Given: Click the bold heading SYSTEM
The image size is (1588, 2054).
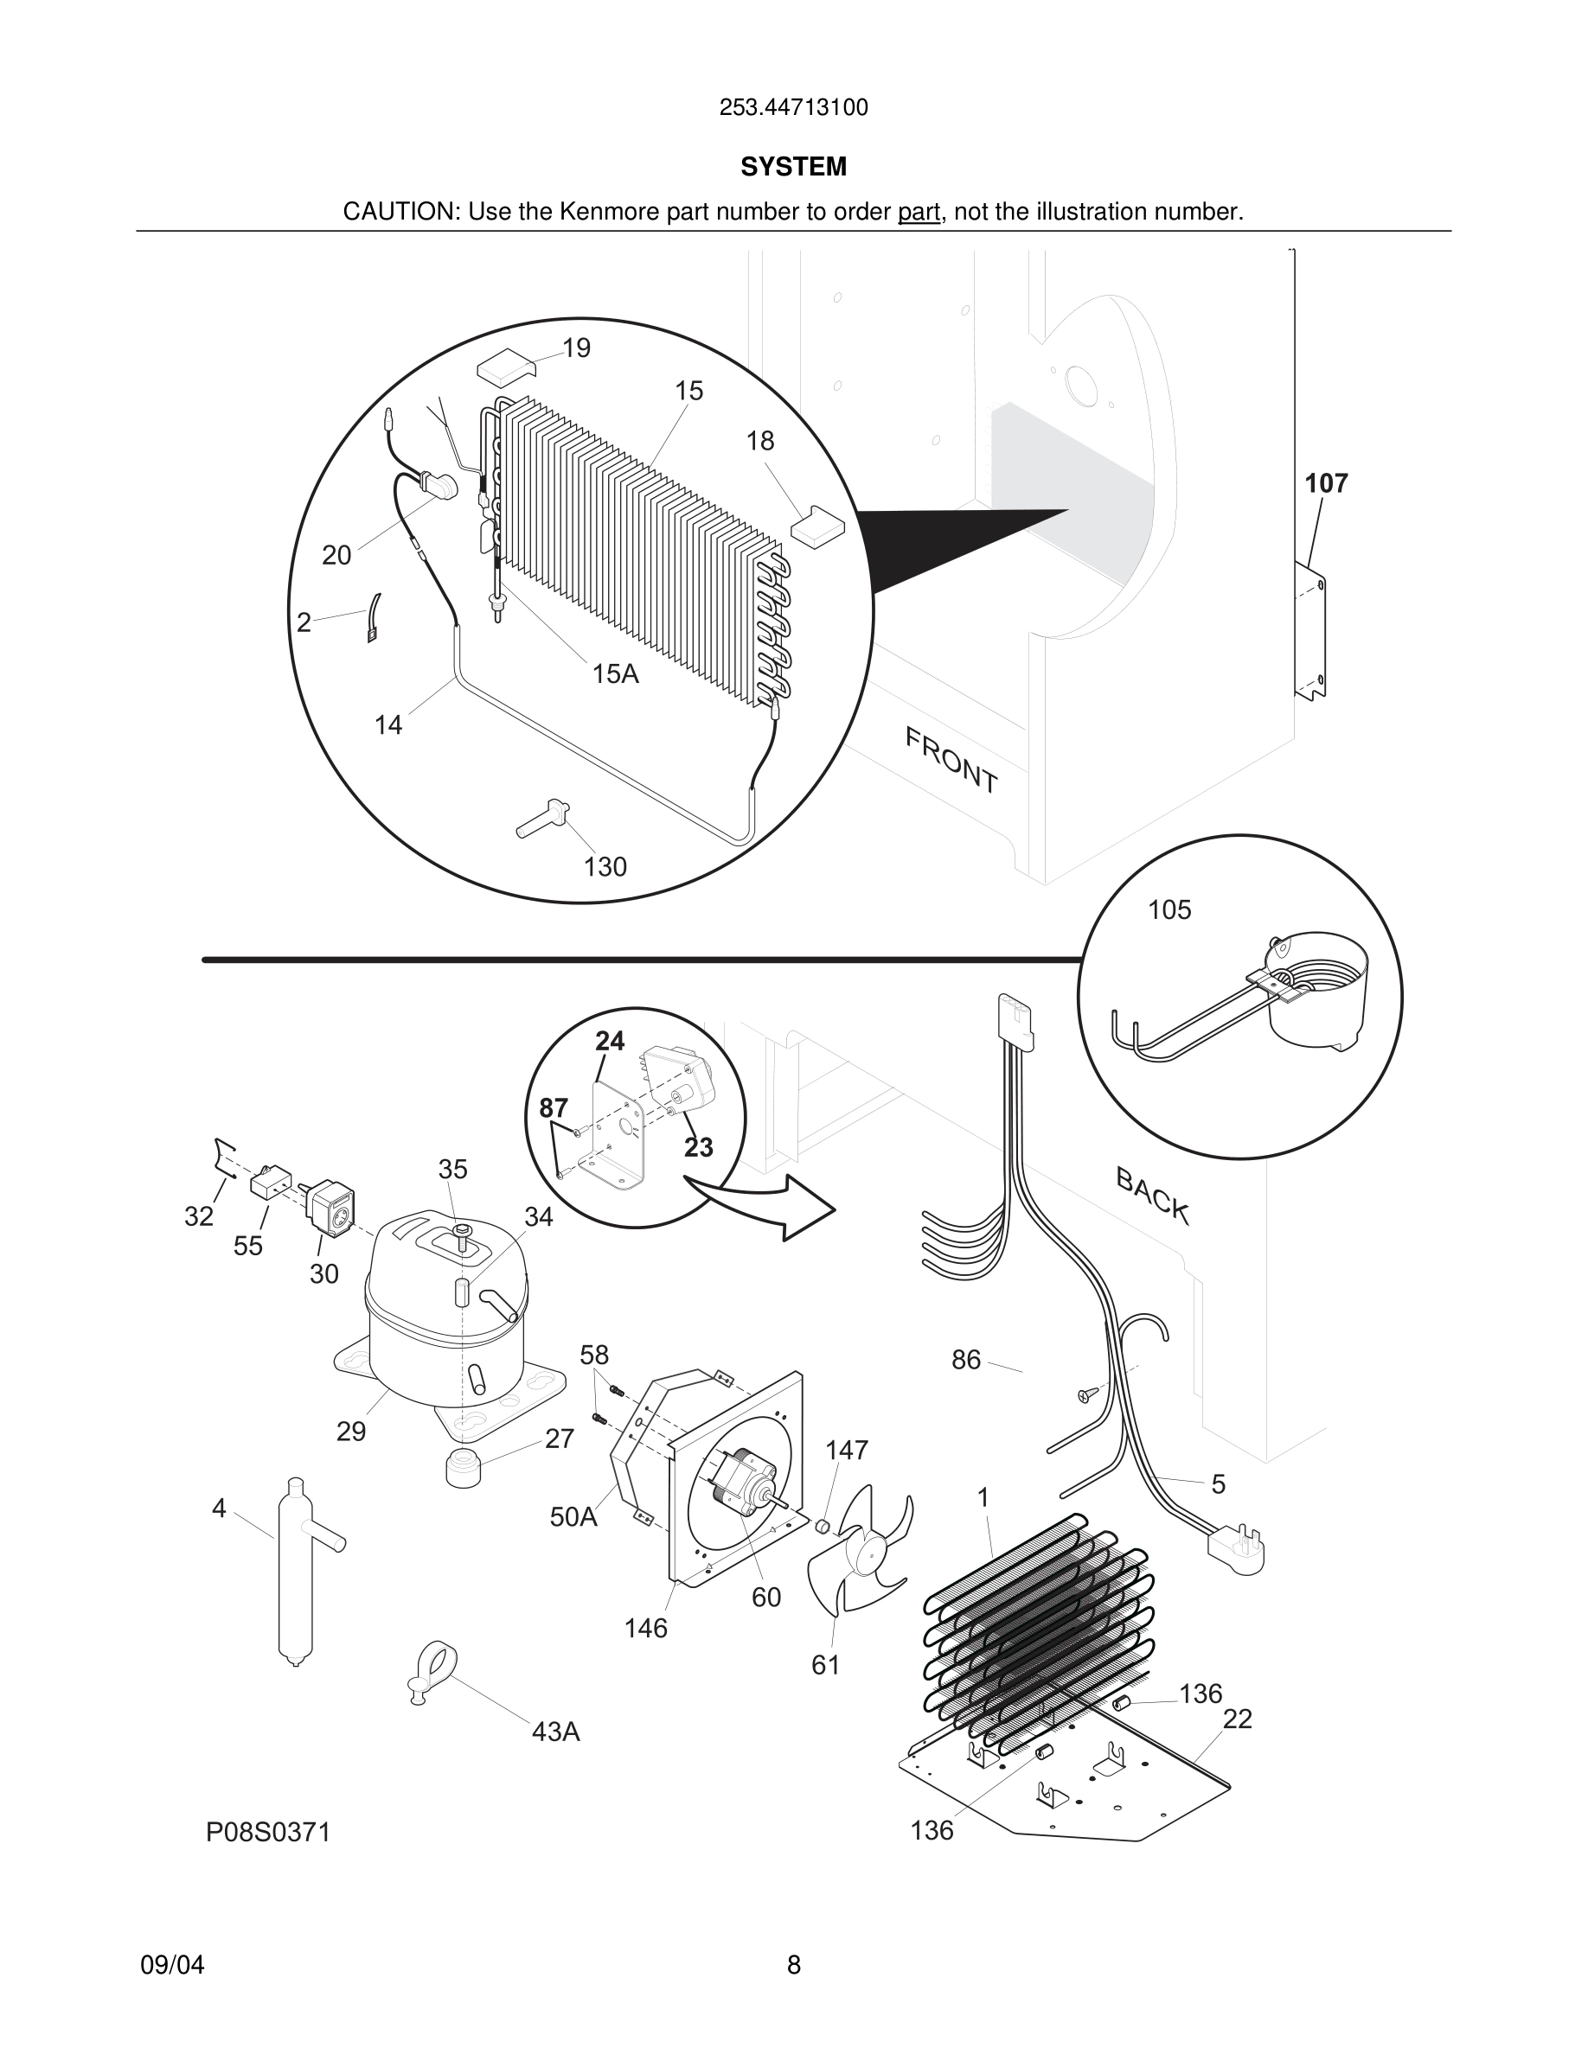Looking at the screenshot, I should click(x=793, y=167).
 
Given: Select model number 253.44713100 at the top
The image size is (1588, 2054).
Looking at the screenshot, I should click(x=793, y=108).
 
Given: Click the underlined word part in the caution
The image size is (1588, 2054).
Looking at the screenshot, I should click(x=919, y=213).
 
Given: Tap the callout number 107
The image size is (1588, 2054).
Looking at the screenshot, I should click(x=1326, y=483).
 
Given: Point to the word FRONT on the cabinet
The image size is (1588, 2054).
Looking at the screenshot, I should click(x=951, y=760).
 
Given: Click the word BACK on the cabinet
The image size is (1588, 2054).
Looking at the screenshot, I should click(x=1152, y=1195).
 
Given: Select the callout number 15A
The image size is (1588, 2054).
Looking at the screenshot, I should click(x=615, y=673).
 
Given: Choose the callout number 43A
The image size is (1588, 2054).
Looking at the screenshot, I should click(x=555, y=1732).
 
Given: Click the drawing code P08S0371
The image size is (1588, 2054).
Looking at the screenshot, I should click(x=268, y=1833).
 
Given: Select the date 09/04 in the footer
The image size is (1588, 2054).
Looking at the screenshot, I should click(x=172, y=1965).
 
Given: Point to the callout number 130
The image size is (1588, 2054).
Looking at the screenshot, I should click(x=605, y=866).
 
